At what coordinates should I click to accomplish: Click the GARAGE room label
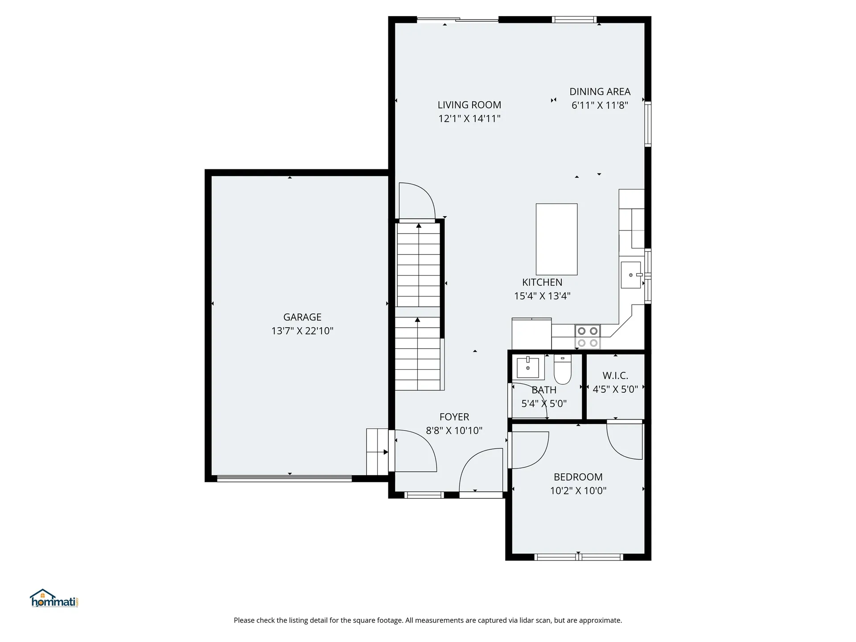pyautogui.click(x=302, y=317)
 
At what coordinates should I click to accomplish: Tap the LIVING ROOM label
pyautogui.click(x=469, y=105)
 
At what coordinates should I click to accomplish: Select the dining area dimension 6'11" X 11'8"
pyautogui.click(x=600, y=105)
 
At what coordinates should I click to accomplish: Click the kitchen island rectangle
pyautogui.click(x=556, y=239)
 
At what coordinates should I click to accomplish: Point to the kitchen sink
pyautogui.click(x=631, y=275)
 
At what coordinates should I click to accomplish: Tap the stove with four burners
pyautogui.click(x=588, y=337)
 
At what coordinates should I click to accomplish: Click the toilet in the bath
pyautogui.click(x=562, y=370)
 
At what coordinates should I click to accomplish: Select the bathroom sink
pyautogui.click(x=528, y=367)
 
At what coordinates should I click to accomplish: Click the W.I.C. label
pyautogui.click(x=615, y=375)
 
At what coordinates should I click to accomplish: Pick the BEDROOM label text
pyautogui.click(x=578, y=477)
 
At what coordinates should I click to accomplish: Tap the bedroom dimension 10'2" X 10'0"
pyautogui.click(x=578, y=491)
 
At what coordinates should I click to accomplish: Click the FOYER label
pyautogui.click(x=454, y=417)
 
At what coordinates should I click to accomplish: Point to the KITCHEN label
pyautogui.click(x=542, y=282)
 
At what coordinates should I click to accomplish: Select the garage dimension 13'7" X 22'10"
pyautogui.click(x=302, y=331)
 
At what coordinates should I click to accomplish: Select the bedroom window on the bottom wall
pyautogui.click(x=578, y=557)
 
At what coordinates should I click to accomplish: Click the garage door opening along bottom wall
pyautogui.click(x=284, y=479)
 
